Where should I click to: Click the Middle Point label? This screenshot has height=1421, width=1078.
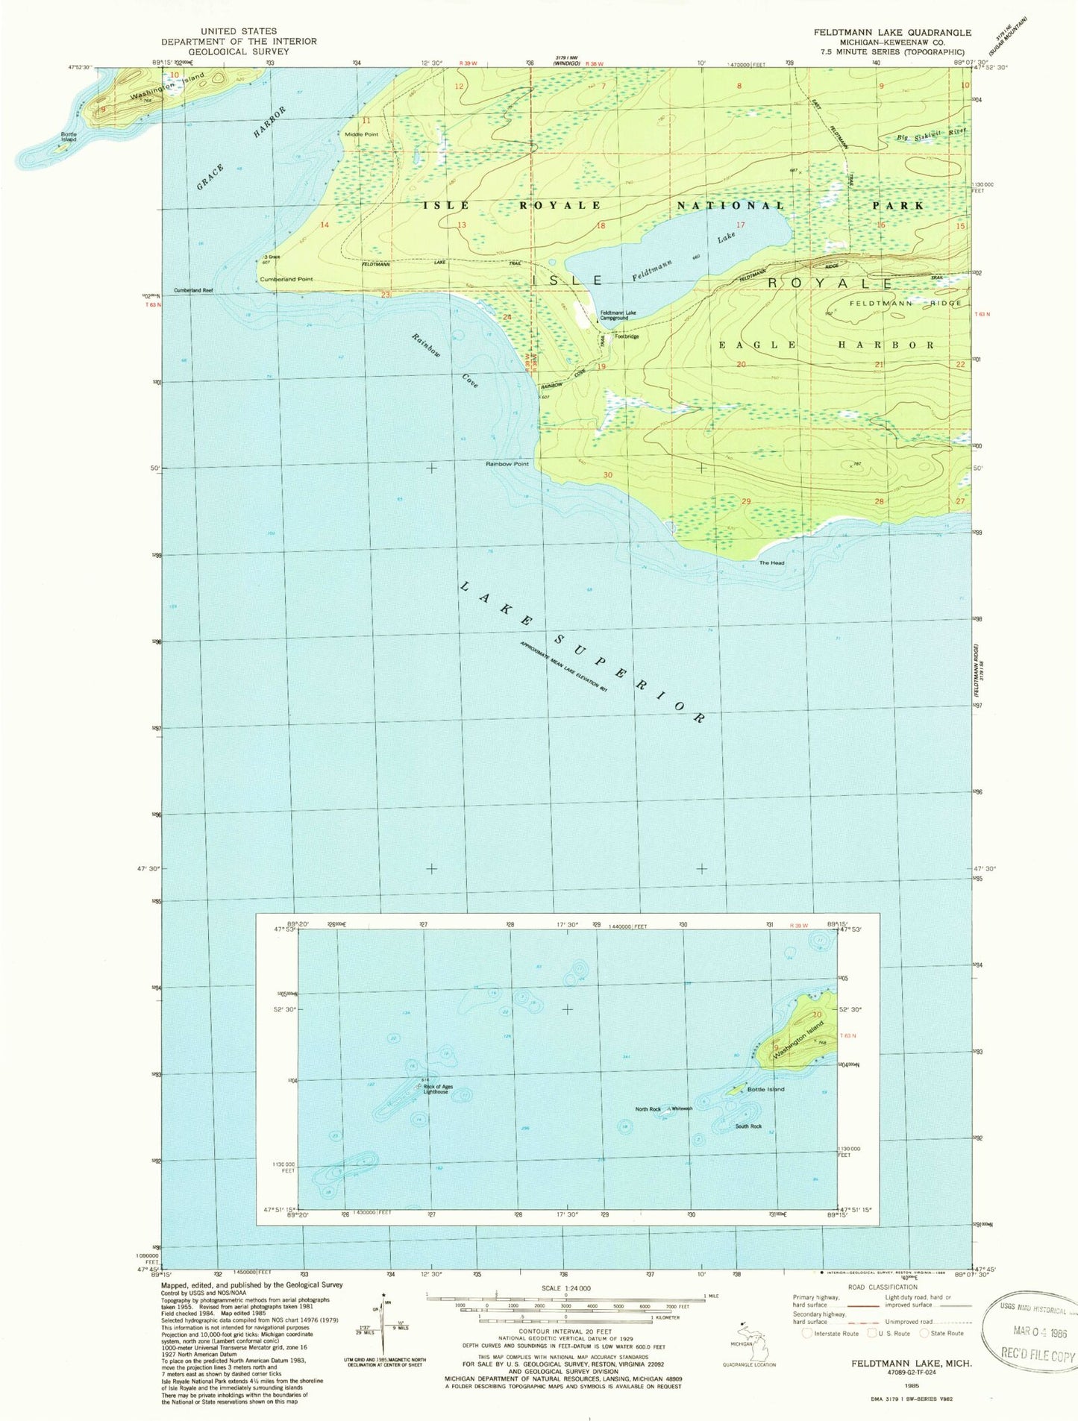[x=361, y=134]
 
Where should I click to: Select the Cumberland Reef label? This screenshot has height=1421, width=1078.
[x=193, y=290]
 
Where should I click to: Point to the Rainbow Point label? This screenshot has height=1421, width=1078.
[x=507, y=464]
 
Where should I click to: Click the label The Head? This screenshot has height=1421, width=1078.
[x=771, y=563]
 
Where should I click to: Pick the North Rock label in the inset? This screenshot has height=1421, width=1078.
[x=648, y=1109]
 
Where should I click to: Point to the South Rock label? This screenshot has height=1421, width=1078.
[x=748, y=1126]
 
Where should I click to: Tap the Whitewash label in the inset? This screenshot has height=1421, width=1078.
[x=682, y=1109]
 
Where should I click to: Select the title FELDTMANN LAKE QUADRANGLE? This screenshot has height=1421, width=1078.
[x=891, y=33]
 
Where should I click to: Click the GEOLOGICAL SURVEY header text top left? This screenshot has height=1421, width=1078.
[x=239, y=51]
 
